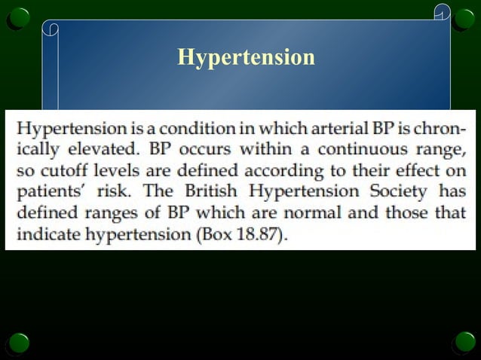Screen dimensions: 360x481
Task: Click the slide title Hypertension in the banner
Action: pos(246,57)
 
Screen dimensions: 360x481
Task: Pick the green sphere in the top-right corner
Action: pos(463,17)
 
